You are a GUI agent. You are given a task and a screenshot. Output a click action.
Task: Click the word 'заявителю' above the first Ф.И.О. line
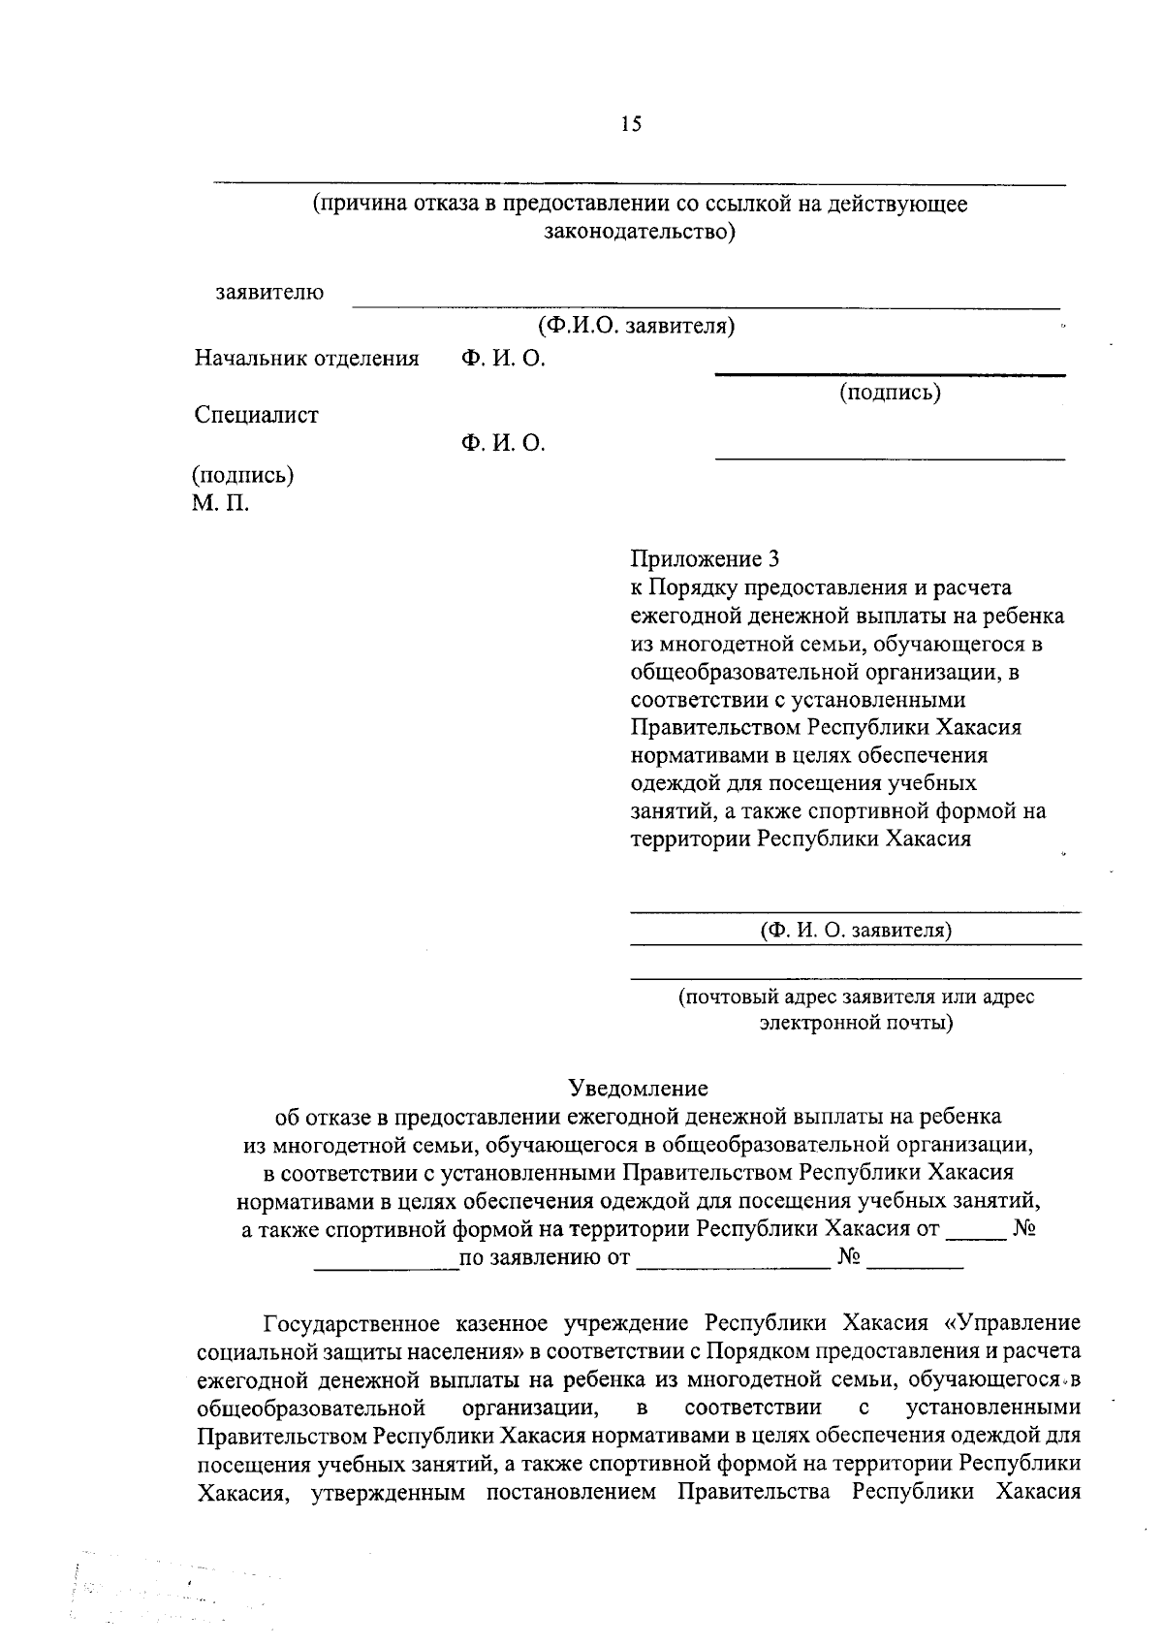click(x=270, y=292)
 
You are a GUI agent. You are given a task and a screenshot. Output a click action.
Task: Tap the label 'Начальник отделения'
click(x=306, y=359)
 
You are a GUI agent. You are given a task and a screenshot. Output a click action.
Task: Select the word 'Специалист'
click(x=257, y=415)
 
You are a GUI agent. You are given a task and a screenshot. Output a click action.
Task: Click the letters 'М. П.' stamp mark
click(x=220, y=504)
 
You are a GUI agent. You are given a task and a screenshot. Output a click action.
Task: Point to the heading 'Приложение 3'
click(x=705, y=559)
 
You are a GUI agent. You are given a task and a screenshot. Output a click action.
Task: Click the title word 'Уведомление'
click(x=639, y=1088)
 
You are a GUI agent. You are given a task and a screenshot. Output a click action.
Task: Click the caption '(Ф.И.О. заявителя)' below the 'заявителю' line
click(x=637, y=326)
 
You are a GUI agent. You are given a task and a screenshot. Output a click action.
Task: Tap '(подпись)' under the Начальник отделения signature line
click(x=890, y=392)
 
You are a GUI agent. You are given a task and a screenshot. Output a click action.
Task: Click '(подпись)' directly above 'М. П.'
click(x=243, y=475)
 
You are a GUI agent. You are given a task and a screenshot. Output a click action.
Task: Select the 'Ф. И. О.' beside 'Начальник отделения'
click(x=503, y=359)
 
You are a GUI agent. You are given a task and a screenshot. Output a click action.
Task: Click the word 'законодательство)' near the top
click(x=639, y=233)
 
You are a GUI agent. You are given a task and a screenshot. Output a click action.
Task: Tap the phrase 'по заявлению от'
click(x=545, y=1258)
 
